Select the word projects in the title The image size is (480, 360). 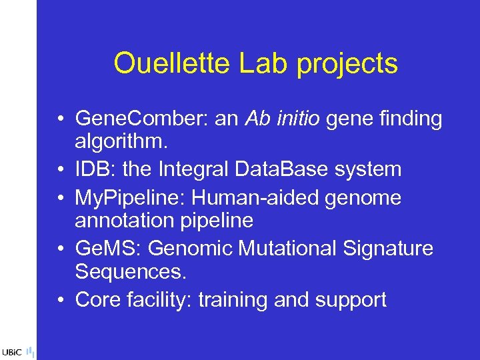347,65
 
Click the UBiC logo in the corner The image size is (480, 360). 13,352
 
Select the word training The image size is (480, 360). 233,300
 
